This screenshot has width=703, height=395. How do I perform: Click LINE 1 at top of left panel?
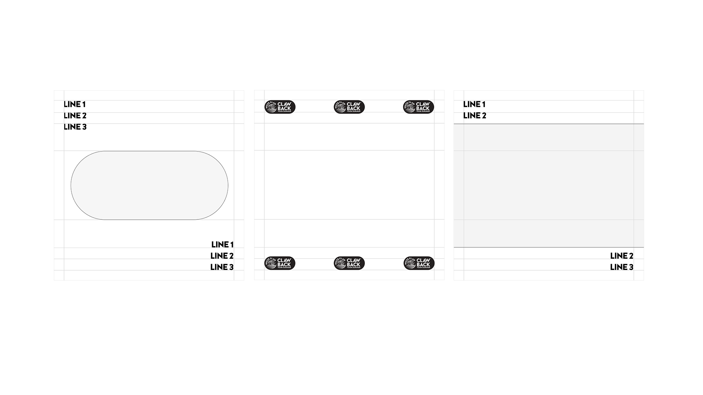[75, 104]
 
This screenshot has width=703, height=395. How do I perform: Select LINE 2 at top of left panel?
[75, 116]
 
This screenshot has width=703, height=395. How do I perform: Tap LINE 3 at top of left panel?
[75, 127]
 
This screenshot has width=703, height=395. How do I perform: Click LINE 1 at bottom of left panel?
[222, 244]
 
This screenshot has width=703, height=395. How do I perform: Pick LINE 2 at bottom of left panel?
[222, 256]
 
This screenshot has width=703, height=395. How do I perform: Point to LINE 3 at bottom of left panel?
[222, 267]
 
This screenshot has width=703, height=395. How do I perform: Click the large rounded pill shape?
[149, 185]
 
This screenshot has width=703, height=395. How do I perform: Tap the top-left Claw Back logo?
[280, 107]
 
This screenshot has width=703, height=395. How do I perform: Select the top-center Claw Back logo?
[349, 107]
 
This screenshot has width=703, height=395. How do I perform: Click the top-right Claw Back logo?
[419, 107]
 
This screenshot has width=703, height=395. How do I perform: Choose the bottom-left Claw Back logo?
[280, 263]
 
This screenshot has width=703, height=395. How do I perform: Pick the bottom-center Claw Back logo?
[349, 263]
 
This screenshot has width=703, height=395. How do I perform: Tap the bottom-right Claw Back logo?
[419, 263]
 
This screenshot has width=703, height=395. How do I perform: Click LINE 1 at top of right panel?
[474, 104]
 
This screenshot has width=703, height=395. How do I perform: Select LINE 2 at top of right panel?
[475, 116]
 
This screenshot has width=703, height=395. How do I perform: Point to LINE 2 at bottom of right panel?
[622, 256]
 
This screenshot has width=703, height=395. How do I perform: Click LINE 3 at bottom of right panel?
[622, 267]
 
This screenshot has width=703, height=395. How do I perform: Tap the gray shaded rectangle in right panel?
[548, 185]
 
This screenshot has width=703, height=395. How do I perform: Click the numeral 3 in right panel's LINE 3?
[631, 267]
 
